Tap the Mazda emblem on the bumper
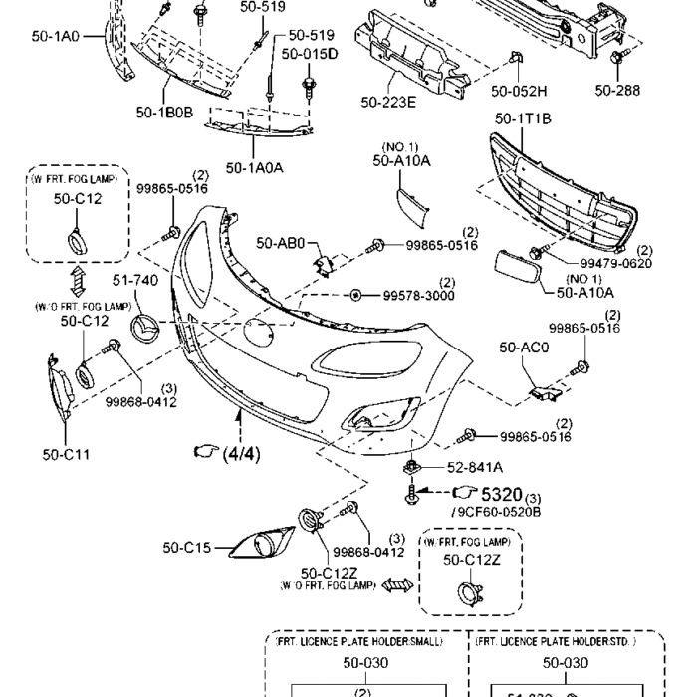(x=147, y=330)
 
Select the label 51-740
(x=134, y=282)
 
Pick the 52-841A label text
(x=474, y=466)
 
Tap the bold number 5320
(x=502, y=493)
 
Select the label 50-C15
(x=186, y=547)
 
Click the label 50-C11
(x=67, y=455)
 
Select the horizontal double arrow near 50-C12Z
(x=397, y=586)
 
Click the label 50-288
(x=617, y=90)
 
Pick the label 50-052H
(x=519, y=91)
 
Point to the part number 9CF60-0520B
(x=498, y=511)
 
